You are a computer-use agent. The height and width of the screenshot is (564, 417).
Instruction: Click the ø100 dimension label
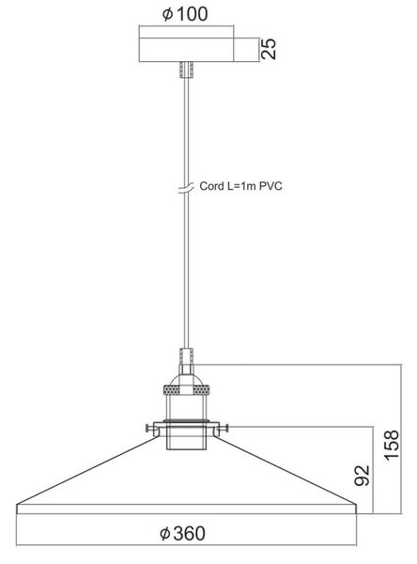pyautogui.click(x=185, y=14)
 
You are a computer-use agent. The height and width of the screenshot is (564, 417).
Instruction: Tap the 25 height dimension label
pyautogui.click(x=269, y=49)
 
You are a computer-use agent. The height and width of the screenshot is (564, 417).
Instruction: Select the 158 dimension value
pyautogui.click(x=392, y=445)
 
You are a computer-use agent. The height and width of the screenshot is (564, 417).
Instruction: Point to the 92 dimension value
pyautogui.click(x=362, y=476)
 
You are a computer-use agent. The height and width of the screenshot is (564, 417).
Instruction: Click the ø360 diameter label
pyautogui.click(x=182, y=533)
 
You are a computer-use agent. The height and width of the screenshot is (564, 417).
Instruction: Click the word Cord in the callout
pyautogui.click(x=211, y=186)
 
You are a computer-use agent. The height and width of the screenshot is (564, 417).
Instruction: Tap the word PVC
pyautogui.click(x=270, y=186)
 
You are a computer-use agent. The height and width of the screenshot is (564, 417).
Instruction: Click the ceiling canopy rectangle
pyautogui.click(x=186, y=50)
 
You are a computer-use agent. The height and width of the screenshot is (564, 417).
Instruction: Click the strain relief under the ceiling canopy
pyautogui.click(x=186, y=69)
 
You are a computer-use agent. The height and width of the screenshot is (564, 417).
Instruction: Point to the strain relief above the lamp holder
pyautogui.click(x=186, y=356)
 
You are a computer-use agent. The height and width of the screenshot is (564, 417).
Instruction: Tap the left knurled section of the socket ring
pyautogui.click(x=172, y=390)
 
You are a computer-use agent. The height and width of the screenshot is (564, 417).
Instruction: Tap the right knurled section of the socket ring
pyautogui.click(x=201, y=390)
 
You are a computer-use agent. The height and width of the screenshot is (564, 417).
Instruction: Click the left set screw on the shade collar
pyautogui.click(x=149, y=428)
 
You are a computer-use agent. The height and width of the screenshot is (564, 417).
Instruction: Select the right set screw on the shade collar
pyautogui.click(x=224, y=428)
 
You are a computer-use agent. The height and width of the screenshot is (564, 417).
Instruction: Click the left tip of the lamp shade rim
pyautogui.click(x=17, y=504)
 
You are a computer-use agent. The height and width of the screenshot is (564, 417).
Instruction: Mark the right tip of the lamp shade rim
pyautogui.click(x=356, y=504)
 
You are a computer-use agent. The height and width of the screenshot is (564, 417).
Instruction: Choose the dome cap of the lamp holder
pyautogui.click(x=186, y=380)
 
